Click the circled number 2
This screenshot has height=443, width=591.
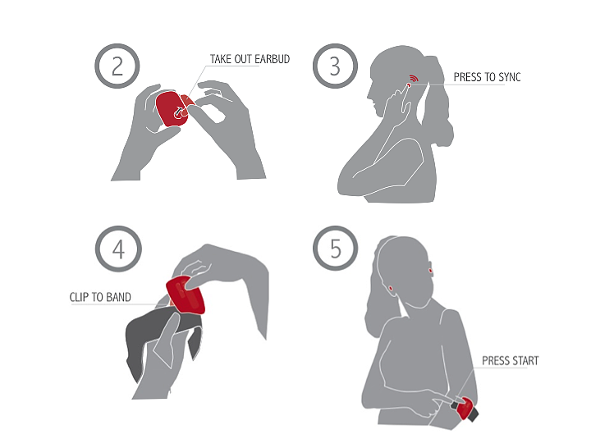(117, 66)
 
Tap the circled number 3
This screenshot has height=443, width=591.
(335, 66)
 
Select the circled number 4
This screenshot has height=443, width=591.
(118, 249)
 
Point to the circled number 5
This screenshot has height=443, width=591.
(335, 249)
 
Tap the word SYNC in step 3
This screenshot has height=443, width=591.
(509, 77)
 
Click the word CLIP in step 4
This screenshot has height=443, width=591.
(79, 297)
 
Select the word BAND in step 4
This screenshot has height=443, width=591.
(118, 297)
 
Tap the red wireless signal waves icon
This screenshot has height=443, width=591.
(414, 79)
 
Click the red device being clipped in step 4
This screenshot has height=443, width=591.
(186, 295)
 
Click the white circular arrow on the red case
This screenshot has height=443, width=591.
(179, 112)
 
